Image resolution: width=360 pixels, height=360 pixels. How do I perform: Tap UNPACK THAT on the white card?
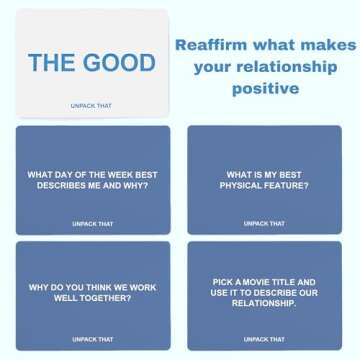[x=91, y=104]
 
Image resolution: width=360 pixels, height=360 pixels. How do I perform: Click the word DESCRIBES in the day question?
[x=62, y=186]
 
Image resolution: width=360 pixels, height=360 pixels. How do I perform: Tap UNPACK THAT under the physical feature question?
[x=263, y=223]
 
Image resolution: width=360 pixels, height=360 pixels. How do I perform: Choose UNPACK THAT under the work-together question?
[x=92, y=339]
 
